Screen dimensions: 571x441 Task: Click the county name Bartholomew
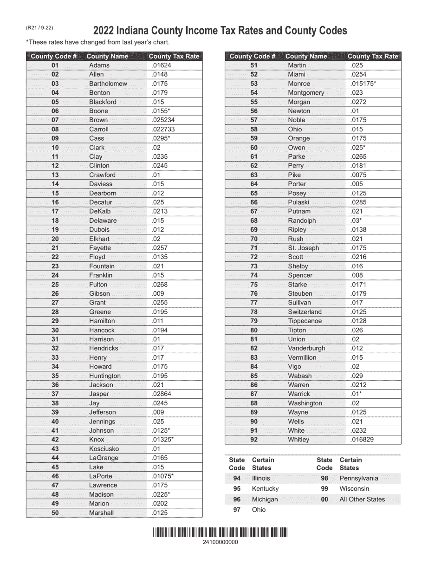108,84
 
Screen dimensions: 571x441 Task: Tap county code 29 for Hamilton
55,321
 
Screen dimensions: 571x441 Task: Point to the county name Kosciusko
104,449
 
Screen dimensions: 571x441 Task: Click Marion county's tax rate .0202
160,503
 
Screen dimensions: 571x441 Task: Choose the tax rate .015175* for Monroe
363,84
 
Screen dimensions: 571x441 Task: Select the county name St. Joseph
303,248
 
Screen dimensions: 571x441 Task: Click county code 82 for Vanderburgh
253,348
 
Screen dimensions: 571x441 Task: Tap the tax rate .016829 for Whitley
362,440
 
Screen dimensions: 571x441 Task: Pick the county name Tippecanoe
305,321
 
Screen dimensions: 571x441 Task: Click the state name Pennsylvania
358,478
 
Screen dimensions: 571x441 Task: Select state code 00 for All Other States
324,500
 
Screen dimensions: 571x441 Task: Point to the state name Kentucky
265,488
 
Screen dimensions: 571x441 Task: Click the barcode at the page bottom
220,532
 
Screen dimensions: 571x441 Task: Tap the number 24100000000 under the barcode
220,542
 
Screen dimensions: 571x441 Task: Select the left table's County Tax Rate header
174,56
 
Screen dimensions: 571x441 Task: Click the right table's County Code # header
253,56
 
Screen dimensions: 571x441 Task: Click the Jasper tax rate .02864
161,394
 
